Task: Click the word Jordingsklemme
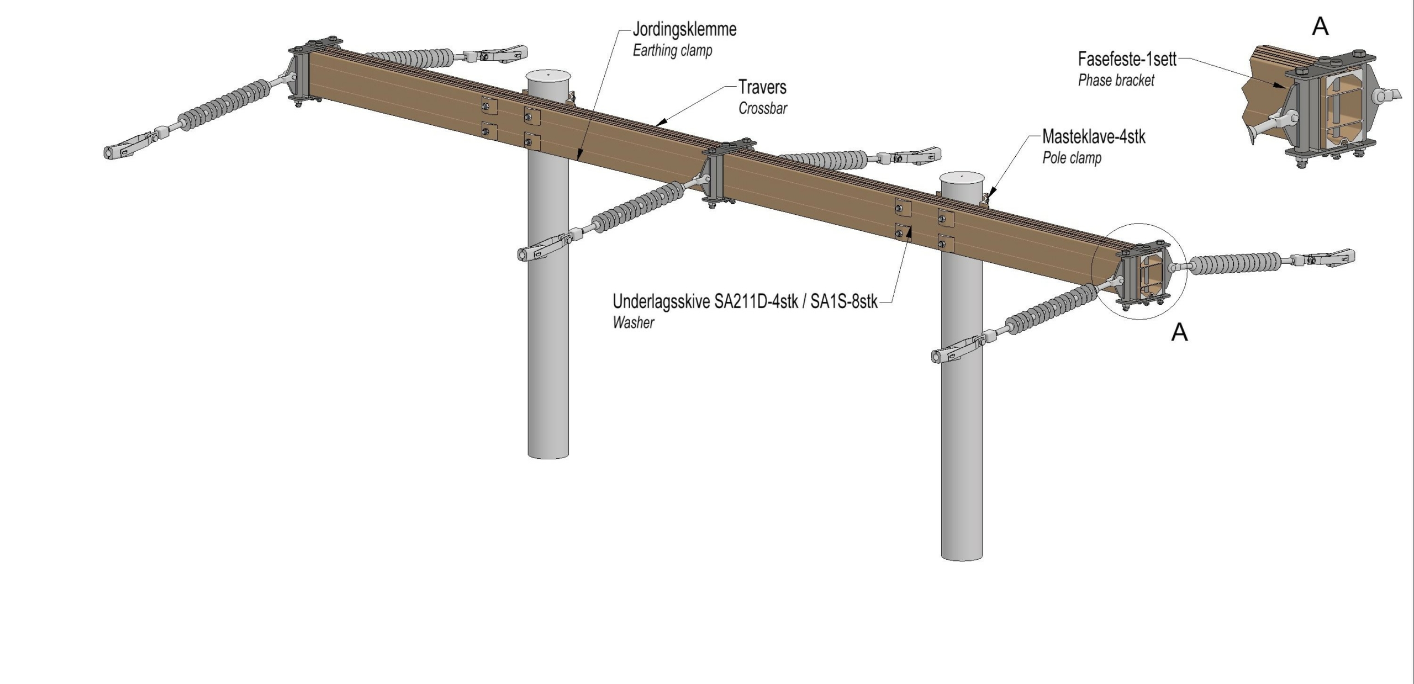pos(684,29)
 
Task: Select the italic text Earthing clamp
pos(672,50)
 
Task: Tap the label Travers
pos(762,87)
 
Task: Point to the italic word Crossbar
pos(763,108)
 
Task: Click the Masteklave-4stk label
pos(1094,136)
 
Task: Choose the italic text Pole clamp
pos(1072,158)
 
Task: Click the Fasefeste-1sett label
pos(1127,59)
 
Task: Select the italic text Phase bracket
pos(1116,81)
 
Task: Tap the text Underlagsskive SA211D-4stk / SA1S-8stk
pos(745,301)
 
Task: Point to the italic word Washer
pos(633,322)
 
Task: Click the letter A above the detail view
pos(1320,26)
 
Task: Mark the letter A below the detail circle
pos(1179,332)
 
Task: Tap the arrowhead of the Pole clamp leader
pos(990,193)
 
